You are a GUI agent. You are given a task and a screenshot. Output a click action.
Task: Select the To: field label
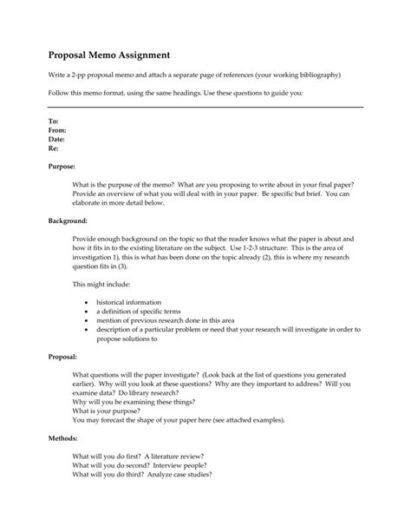pyautogui.click(x=53, y=121)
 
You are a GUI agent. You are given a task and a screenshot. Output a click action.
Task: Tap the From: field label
pyautogui.click(x=56, y=129)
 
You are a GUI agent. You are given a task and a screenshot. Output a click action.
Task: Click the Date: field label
pyautogui.click(x=56, y=139)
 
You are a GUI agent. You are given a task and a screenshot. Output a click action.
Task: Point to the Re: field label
pyautogui.click(x=53, y=148)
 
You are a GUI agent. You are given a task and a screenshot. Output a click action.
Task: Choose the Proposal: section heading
pyautogui.click(x=65, y=357)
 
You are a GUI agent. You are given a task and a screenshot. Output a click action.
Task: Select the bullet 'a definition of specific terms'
pyautogui.click(x=143, y=312)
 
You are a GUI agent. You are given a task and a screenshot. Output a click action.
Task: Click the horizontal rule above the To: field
pyautogui.click(x=205, y=107)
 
